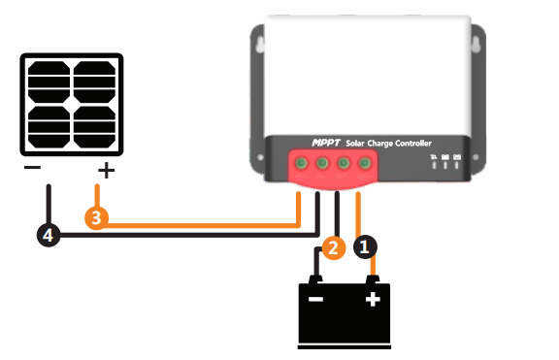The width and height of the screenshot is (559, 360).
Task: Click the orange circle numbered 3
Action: (95, 217)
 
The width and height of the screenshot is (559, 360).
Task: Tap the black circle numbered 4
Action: (47, 234)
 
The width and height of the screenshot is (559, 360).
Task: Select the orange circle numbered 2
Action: (332, 247)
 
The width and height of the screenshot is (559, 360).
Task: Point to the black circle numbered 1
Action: (365, 247)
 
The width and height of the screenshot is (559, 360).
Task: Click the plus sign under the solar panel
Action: (105, 172)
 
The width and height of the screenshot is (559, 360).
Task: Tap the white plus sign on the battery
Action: (372, 300)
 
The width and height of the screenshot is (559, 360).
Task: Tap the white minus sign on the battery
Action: (315, 300)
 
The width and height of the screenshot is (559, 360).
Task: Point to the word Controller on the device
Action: (433, 144)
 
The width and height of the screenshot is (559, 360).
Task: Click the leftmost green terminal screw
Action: (302, 164)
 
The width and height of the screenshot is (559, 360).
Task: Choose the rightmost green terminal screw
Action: (365, 164)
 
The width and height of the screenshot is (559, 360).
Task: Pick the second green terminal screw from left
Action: (323, 164)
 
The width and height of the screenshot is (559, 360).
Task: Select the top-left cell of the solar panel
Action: (49, 80)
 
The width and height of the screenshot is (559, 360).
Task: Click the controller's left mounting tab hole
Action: (258, 44)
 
